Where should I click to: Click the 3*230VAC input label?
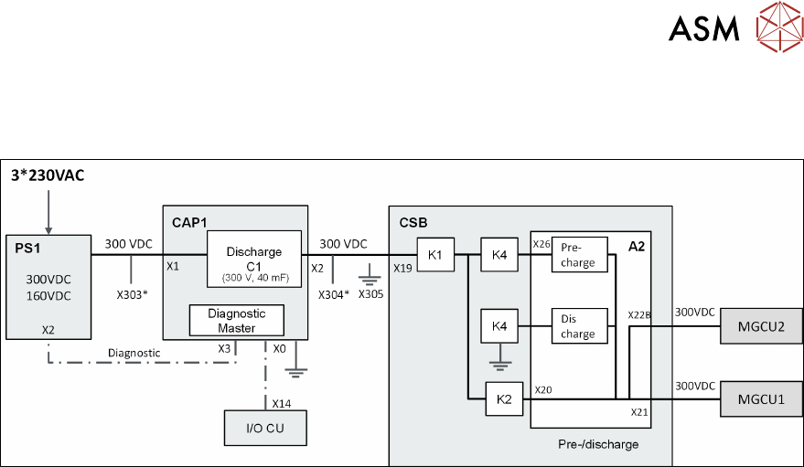click(48, 175)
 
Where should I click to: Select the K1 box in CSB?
click(435, 254)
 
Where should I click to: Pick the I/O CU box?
click(265, 427)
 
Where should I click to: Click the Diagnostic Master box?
click(236, 320)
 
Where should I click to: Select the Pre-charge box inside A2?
click(578, 255)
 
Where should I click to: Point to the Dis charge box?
click(578, 326)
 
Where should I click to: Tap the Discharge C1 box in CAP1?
click(254, 260)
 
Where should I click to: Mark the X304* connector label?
click(333, 294)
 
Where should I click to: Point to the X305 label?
click(371, 294)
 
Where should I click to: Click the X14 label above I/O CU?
click(281, 402)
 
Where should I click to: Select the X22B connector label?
click(639, 314)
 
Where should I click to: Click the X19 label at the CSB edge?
click(402, 269)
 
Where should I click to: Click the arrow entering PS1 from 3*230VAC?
click(47, 211)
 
